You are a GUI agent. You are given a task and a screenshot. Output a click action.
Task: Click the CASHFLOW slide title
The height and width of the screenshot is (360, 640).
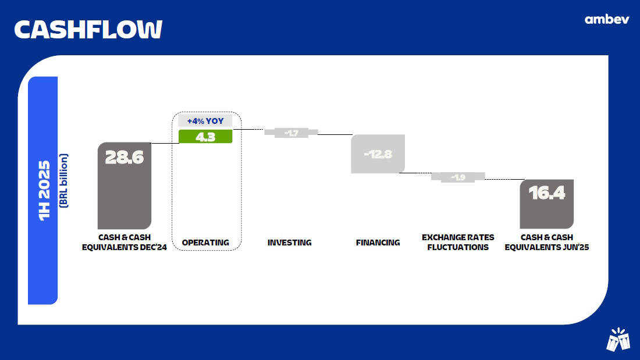pos(88,30)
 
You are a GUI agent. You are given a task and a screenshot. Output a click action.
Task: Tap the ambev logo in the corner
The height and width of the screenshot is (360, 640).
pos(606,19)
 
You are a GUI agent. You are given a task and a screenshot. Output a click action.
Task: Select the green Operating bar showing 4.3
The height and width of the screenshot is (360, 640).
pos(205,136)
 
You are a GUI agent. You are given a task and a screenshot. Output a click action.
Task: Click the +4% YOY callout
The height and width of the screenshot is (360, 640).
pos(205,121)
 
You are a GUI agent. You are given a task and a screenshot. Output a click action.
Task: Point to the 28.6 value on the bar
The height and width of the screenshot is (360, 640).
pos(124,157)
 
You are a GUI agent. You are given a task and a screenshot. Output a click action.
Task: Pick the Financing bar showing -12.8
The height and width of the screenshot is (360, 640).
pos(378,154)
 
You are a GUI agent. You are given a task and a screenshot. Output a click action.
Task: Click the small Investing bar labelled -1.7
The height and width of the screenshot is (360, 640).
pos(291,133)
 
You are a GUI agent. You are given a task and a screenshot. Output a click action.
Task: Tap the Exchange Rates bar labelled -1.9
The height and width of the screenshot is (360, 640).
pos(458,177)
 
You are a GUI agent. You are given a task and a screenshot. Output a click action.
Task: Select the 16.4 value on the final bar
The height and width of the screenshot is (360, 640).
pos(546,193)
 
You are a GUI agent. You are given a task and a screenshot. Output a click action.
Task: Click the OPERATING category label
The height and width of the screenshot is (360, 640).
pos(205,243)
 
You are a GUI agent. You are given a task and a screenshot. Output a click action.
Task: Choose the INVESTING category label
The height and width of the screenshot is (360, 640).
pos(289,243)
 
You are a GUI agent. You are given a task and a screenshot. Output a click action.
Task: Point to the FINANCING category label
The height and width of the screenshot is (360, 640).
pos(378,243)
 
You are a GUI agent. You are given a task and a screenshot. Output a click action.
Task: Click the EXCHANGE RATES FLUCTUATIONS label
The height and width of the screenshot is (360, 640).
pos(458,242)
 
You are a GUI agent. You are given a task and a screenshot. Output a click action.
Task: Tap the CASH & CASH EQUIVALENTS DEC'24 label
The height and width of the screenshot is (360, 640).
pos(125,242)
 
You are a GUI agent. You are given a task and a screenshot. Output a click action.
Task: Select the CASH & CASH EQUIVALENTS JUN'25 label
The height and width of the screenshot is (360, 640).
pos(546,242)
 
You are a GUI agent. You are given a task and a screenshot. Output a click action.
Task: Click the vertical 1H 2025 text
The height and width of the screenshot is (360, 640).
pos(44,191)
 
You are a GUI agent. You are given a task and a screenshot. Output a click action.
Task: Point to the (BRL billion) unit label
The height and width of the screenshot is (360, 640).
pos(63,181)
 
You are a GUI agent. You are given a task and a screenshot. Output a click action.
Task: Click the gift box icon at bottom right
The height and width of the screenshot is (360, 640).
pos(618,340)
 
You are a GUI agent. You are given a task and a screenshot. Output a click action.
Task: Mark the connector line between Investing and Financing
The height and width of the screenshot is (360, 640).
pos(335,134)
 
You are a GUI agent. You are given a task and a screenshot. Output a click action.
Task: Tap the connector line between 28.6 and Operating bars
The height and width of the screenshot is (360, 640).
pos(165,143)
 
